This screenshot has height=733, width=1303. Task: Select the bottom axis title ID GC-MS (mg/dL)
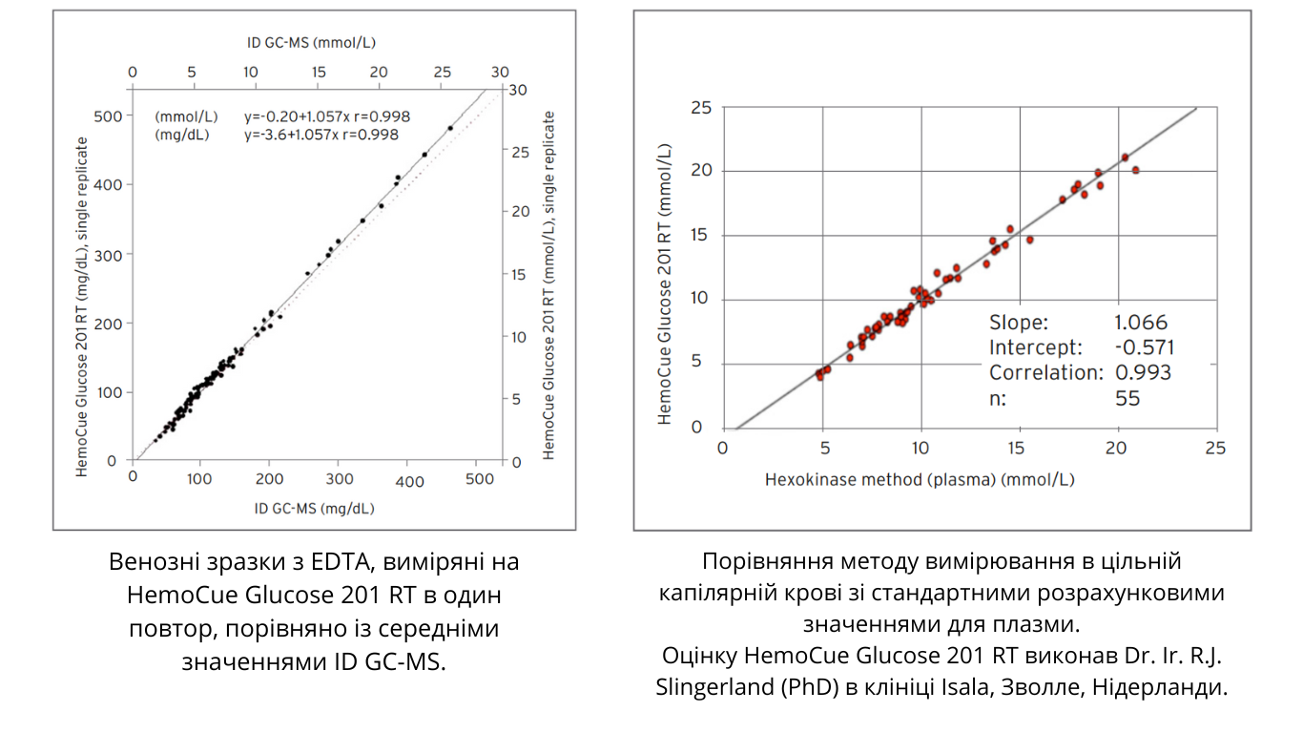[x=315, y=508]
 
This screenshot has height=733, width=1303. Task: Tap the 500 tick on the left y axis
[x=113, y=115]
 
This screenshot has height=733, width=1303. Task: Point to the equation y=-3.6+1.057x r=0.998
[x=321, y=135]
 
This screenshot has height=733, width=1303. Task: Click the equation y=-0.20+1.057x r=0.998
[x=326, y=116]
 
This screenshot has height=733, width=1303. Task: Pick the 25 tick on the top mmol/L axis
[x=442, y=72]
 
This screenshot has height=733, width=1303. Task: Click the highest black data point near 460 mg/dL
[x=450, y=128]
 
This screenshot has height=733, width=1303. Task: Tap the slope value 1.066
[x=1141, y=323]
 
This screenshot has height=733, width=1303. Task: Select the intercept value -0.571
[x=1145, y=347]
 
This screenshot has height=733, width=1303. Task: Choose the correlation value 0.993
[x=1143, y=372]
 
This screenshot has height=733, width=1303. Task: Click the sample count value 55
[x=1127, y=398]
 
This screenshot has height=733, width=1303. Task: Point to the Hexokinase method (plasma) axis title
[x=920, y=479]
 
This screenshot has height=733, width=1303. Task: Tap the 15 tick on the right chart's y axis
[x=700, y=236]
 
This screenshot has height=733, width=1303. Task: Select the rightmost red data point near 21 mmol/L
[x=1135, y=170]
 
